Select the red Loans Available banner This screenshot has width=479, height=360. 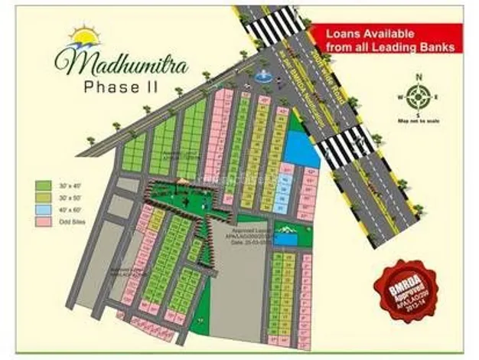point(390,40)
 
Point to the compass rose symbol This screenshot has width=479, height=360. point(418,97)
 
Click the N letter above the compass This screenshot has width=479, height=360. point(419,77)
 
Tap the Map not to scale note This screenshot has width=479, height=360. point(417,120)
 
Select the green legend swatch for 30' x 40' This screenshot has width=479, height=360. point(43,185)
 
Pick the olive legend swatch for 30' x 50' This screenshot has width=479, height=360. point(43,198)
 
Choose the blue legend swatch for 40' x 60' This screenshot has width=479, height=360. point(43,210)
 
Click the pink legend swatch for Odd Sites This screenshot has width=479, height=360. point(43,222)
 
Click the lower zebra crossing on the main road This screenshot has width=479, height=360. point(345,146)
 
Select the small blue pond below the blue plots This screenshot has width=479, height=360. point(285,239)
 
